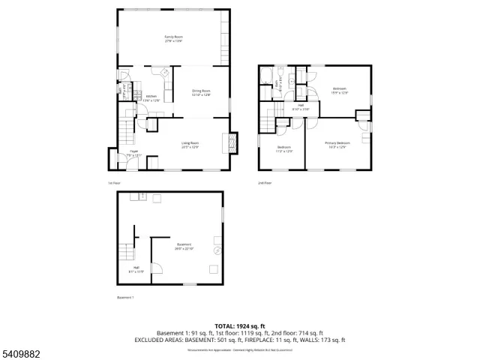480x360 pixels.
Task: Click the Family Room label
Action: (x=174, y=38)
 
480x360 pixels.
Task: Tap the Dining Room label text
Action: (x=201, y=94)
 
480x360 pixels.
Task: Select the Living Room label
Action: (x=190, y=145)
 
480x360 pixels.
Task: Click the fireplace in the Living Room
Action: (x=232, y=142)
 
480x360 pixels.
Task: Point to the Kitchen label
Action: (x=151, y=97)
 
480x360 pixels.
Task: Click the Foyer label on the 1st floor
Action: (x=133, y=152)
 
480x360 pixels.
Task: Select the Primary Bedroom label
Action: (x=337, y=145)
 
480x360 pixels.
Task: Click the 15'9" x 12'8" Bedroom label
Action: (x=339, y=91)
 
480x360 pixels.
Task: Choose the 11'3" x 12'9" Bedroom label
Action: (x=284, y=148)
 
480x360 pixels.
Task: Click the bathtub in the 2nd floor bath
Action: (x=265, y=77)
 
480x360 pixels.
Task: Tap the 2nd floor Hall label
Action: (x=301, y=107)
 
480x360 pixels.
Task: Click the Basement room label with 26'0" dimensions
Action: (x=184, y=246)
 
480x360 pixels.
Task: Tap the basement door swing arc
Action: (x=157, y=267)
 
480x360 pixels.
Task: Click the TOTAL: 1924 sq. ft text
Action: (x=240, y=325)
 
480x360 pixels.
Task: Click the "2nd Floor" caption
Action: (x=265, y=182)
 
